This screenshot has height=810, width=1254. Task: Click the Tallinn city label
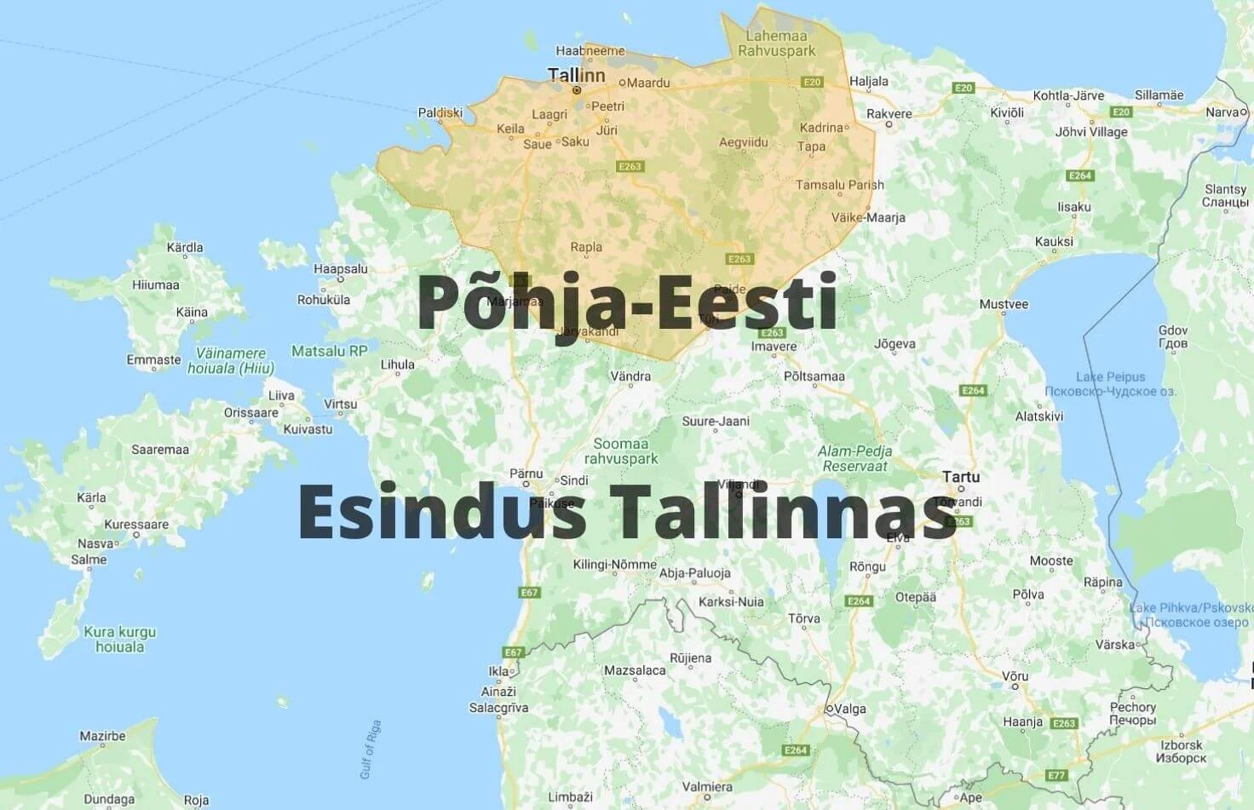(x=576, y=75)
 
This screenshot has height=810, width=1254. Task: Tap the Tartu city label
(x=960, y=477)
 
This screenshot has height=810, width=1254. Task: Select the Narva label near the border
(x=1222, y=112)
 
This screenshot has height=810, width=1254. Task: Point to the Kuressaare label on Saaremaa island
(x=136, y=524)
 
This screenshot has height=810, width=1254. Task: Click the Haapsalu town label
(x=341, y=269)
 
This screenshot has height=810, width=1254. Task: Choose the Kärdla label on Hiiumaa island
(x=185, y=248)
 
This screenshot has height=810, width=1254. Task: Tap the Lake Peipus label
(x=1110, y=376)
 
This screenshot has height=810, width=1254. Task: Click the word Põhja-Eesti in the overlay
(x=627, y=302)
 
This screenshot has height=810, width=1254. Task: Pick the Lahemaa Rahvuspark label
(x=776, y=43)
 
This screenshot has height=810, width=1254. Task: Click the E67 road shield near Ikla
(x=513, y=652)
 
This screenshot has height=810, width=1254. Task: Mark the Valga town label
(x=849, y=709)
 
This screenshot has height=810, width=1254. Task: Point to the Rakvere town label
(x=889, y=113)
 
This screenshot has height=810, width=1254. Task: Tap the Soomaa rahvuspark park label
(x=621, y=451)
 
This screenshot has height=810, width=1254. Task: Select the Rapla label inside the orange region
(x=586, y=247)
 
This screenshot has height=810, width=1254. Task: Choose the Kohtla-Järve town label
(x=1068, y=95)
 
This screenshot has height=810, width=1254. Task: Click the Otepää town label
(x=915, y=597)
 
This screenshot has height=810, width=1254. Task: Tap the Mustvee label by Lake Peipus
(x=1004, y=304)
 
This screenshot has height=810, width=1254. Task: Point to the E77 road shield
(x=1056, y=775)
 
